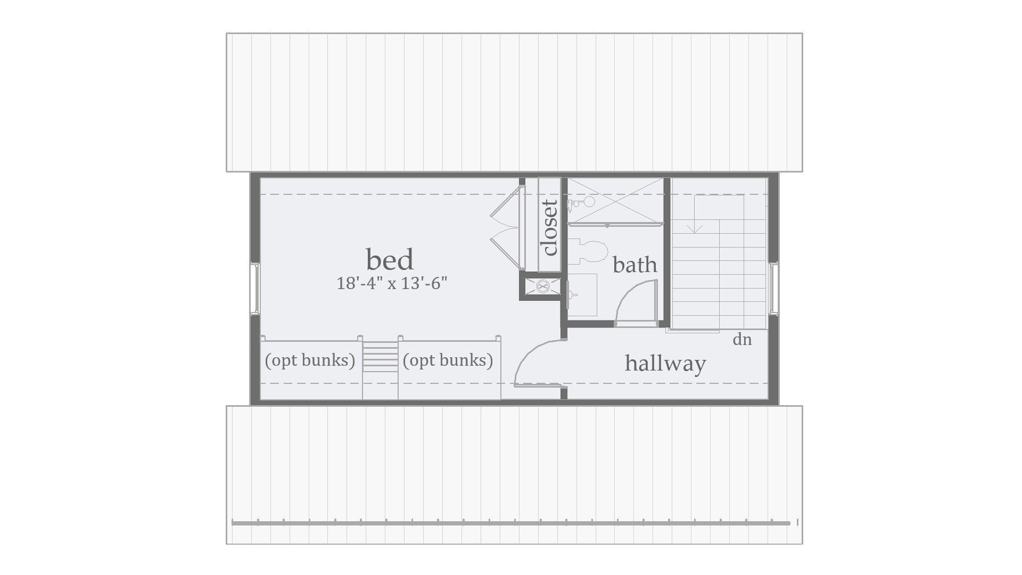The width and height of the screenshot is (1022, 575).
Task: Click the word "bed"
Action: (390, 260)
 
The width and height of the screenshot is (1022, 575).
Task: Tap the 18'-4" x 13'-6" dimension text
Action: (391, 283)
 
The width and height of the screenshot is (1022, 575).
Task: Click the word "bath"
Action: (634, 265)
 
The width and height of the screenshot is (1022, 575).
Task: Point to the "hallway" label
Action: (665, 363)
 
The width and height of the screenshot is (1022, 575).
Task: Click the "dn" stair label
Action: (742, 340)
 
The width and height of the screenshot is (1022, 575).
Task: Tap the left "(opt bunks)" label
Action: (310, 360)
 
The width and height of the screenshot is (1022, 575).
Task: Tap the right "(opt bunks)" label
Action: (448, 360)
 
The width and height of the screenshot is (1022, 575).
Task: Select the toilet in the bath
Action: (591, 251)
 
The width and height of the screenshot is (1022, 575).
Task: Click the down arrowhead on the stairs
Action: (695, 229)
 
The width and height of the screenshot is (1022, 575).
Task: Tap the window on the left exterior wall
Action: (255, 288)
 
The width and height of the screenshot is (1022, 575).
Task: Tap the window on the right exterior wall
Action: (773, 288)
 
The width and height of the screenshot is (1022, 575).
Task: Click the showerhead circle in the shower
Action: (589, 202)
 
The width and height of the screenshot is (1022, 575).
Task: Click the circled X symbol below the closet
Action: (542, 286)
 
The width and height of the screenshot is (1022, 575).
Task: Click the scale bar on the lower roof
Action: (511, 523)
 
